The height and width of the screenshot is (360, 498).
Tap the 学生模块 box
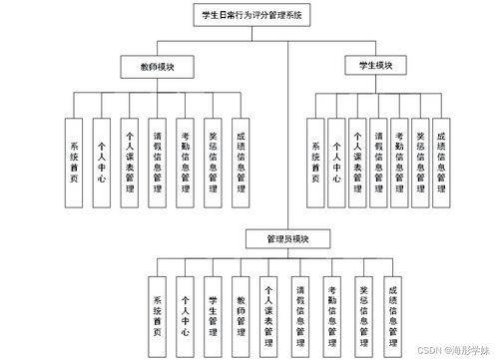pos(375,65)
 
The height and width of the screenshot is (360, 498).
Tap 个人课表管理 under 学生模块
pos(357,161)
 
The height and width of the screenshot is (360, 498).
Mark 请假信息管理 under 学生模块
pos(378,161)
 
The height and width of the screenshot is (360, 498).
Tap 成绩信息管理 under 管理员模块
pos(391,314)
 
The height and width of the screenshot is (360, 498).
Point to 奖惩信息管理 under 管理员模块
pos(362,314)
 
